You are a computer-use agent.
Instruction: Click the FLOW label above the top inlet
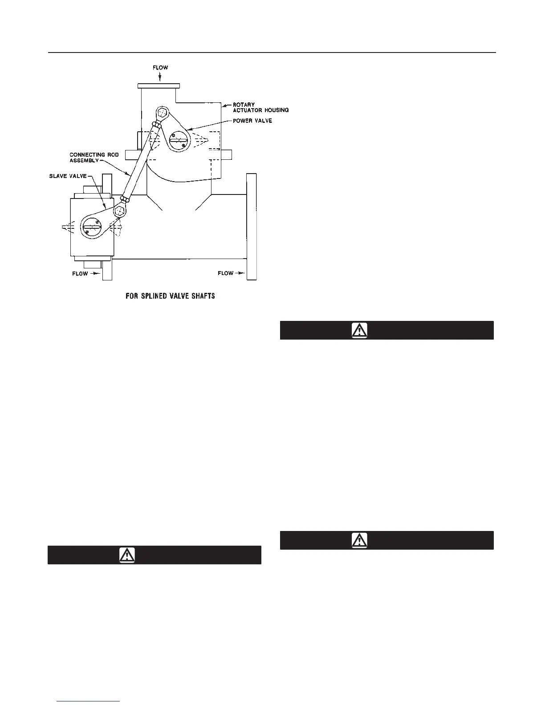[161, 68]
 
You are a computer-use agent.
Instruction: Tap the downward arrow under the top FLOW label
[161, 77]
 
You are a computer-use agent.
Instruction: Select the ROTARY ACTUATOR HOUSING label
[260, 108]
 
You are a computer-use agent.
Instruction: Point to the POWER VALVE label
[252, 121]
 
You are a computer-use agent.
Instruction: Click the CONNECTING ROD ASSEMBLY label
[94, 158]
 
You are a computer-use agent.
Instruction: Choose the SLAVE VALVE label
[68, 176]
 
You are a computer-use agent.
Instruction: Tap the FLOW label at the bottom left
[80, 273]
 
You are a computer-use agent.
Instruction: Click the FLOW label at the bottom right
[226, 273]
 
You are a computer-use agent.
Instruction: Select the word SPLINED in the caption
[159, 296]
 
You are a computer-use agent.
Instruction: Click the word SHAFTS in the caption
[203, 296]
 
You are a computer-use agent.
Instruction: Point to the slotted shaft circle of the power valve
[179, 140]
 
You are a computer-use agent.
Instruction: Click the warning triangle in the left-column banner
[127, 555]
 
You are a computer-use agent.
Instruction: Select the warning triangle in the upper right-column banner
[359, 330]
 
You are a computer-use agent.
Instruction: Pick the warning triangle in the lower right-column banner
[359, 540]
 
